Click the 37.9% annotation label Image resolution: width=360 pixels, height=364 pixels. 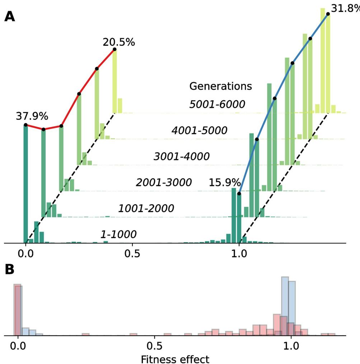pos(32,116)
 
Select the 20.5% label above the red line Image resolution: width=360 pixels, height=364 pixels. pos(119,42)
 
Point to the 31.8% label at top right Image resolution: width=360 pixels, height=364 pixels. pos(345,8)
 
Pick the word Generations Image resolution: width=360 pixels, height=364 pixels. pos(220,87)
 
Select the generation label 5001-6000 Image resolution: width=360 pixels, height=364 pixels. pos(217,104)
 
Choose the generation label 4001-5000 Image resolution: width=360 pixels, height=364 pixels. pos(199,131)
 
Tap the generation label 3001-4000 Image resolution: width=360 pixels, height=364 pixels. pos(182,157)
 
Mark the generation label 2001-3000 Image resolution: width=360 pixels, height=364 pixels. pos(164,183)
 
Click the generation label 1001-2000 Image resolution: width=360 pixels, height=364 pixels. pos(146,209)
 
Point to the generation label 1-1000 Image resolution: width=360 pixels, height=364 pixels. pos(118,235)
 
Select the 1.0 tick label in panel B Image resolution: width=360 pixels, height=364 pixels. pos(291,347)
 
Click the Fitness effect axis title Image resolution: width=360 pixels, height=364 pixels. pos(175,359)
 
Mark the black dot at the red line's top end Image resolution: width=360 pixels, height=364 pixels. pos(114,49)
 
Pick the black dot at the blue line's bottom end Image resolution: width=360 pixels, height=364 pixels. pos(239,194)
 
